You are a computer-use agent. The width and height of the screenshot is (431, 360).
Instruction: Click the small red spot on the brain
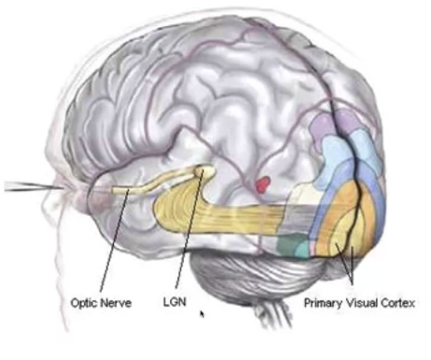263,184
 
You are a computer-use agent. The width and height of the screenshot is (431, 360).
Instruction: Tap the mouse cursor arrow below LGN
202,314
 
